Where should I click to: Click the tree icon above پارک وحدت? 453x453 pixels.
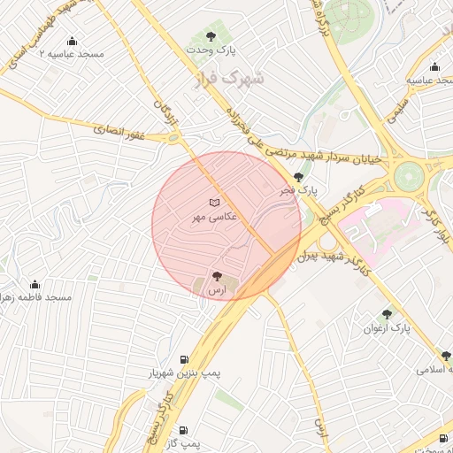(x=211, y=37)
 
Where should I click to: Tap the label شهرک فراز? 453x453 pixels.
(x=229, y=81)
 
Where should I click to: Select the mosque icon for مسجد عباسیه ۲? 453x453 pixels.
(x=71, y=41)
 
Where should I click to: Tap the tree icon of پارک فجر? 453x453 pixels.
(x=298, y=177)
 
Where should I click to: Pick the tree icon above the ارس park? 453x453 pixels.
(x=217, y=275)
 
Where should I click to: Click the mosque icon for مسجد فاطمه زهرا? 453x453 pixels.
(x=35, y=284)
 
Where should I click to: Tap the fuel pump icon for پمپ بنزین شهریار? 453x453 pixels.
(x=184, y=359)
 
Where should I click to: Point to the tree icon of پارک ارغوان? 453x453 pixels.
(x=386, y=313)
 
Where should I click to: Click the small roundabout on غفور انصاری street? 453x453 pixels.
(x=174, y=138)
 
